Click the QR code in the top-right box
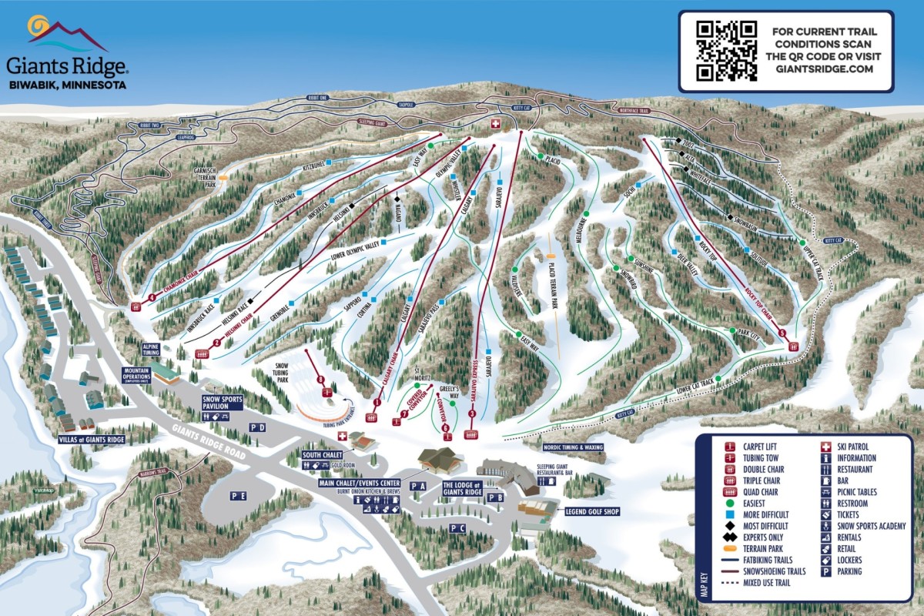pyautogui.click(x=726, y=51)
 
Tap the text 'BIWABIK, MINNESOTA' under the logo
pyautogui.click(x=68, y=85)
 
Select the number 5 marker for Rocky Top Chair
pyautogui.click(x=782, y=333)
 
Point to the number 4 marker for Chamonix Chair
pyautogui.click(x=152, y=297)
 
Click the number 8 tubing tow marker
pyautogui.click(x=321, y=379)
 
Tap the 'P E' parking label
pyautogui.click(x=238, y=497)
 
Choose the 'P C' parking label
pyautogui.click(x=458, y=528)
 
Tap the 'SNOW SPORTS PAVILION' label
pyautogui.click(x=223, y=403)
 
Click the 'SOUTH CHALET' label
pyautogui.click(x=322, y=455)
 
